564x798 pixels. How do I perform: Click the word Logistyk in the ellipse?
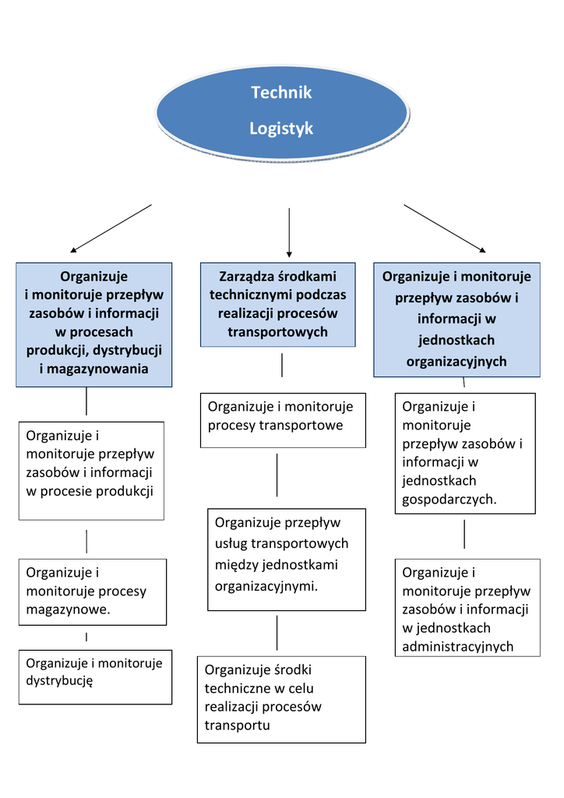281,129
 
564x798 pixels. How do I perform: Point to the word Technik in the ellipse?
281,93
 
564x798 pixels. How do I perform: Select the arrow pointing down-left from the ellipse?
111,228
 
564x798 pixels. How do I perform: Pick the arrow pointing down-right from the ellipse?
444,228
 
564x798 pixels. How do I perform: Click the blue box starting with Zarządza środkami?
278,305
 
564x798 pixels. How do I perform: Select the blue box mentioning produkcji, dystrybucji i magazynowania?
94,324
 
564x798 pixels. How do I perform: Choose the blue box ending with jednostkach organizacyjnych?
456,319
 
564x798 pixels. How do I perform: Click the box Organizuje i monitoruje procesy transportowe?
283,420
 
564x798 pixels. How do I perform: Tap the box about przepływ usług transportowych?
287,559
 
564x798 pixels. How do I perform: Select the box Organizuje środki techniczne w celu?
281,699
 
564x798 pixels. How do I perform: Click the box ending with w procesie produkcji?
91,471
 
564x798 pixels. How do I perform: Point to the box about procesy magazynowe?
93,591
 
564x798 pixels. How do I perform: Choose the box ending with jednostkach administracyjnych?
467,607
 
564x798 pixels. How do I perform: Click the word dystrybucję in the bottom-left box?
60,681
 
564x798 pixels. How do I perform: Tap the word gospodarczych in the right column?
449,500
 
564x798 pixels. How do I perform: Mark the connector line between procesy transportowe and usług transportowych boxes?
277,475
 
